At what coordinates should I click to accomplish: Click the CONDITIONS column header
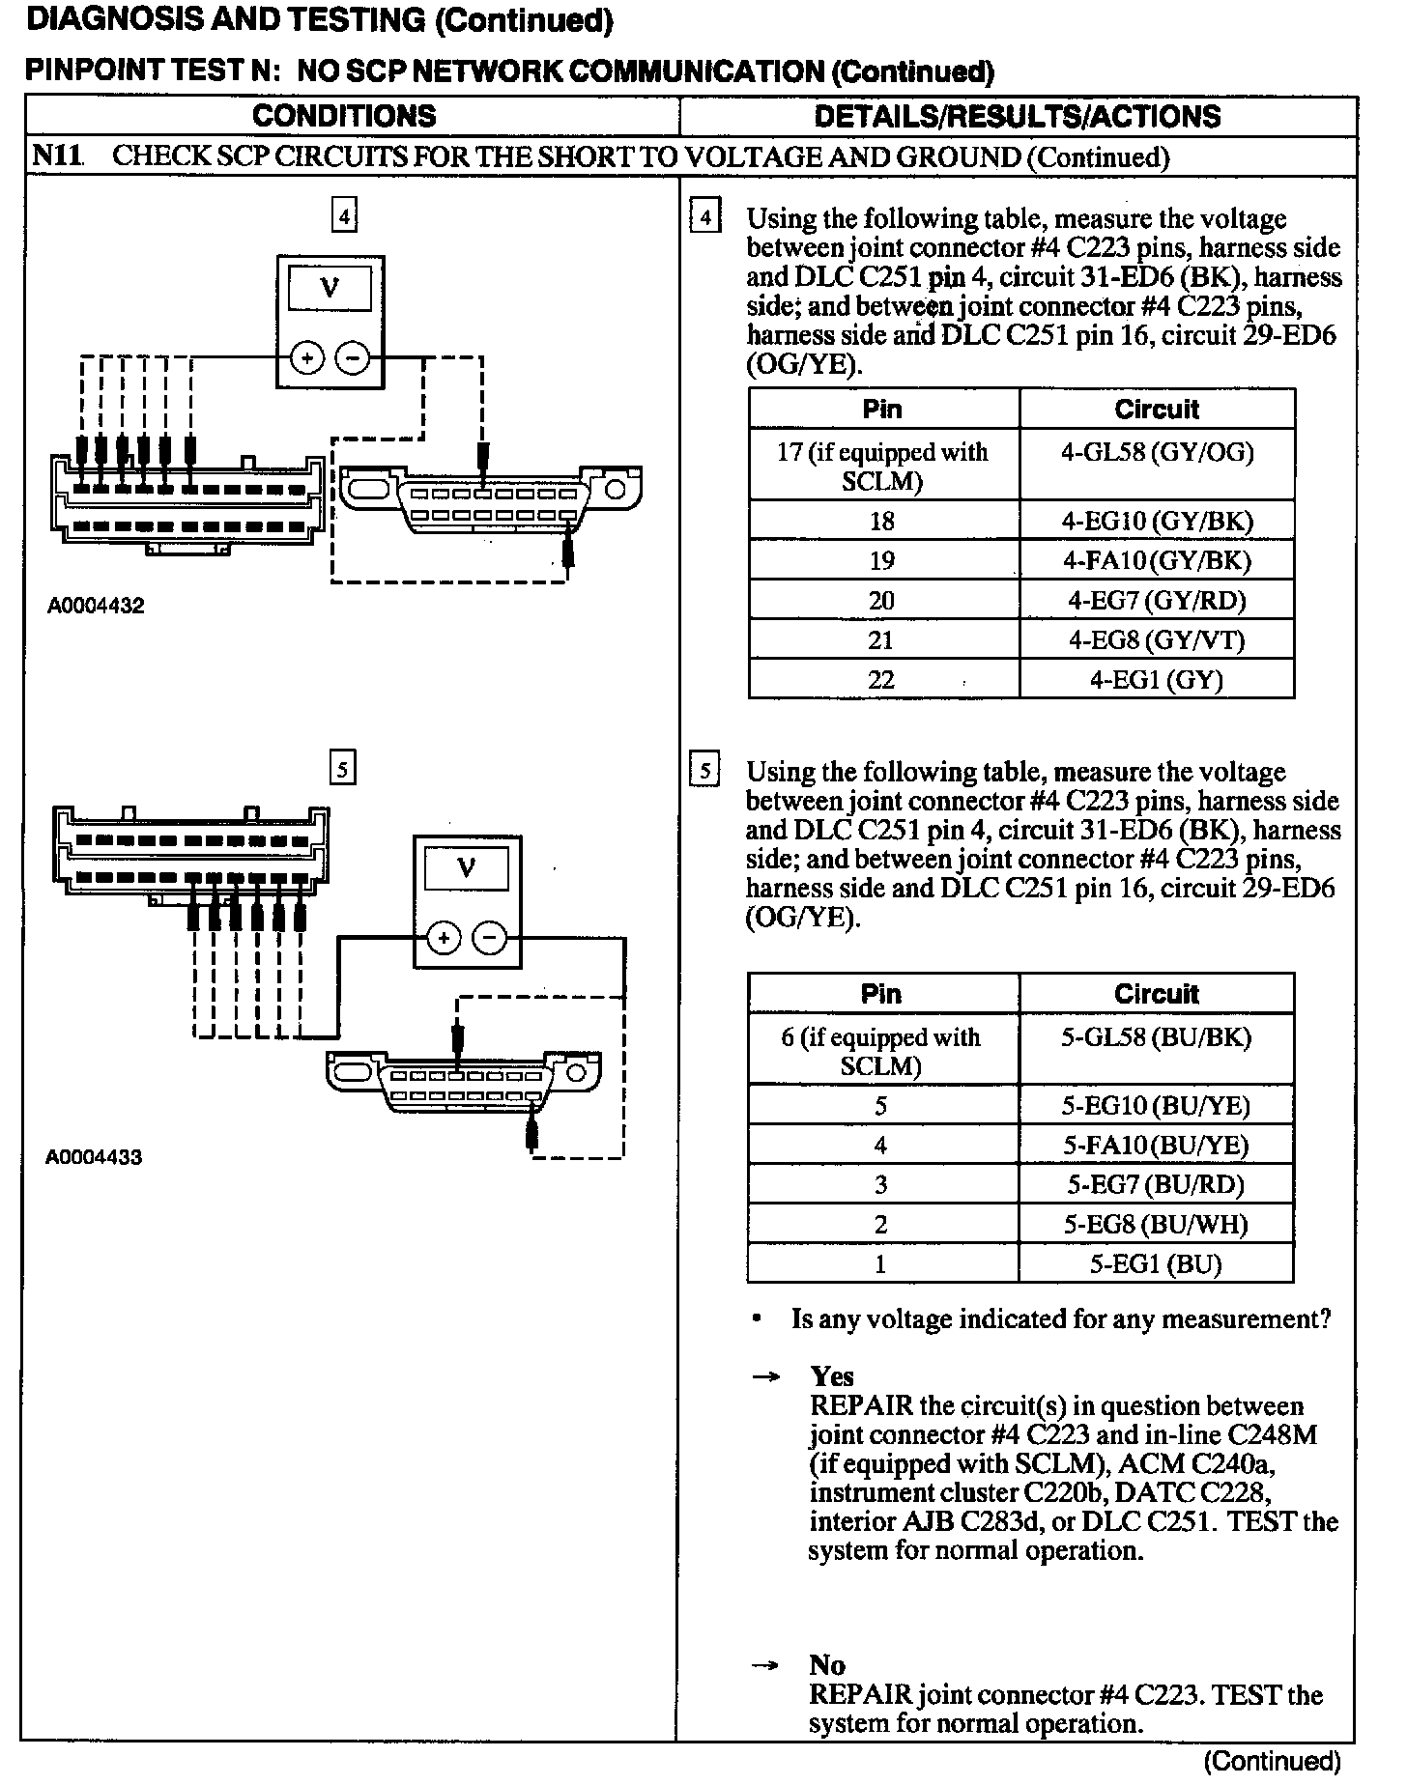[344, 116]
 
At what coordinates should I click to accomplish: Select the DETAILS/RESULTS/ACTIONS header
[1017, 116]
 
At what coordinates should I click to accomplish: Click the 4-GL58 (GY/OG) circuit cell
[1157, 453]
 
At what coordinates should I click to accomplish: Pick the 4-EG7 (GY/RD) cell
[1157, 600]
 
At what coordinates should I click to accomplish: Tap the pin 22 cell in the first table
[881, 680]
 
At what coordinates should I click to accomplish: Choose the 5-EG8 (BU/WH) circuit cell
[1156, 1225]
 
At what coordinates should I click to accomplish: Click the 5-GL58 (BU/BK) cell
[1156, 1038]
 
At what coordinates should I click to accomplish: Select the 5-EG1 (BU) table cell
[1156, 1264]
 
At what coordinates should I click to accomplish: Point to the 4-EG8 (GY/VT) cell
[1157, 639]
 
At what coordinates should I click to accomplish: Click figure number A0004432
[96, 607]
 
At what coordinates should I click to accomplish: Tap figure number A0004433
[94, 1157]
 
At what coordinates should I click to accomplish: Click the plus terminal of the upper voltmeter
[307, 359]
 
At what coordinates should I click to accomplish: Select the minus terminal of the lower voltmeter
[489, 938]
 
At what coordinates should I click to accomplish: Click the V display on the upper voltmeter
[330, 288]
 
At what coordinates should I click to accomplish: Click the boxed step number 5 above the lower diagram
[343, 769]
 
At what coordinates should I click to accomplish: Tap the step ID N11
[55, 156]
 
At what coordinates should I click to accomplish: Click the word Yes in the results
[831, 1375]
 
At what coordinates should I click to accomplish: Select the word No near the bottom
[827, 1664]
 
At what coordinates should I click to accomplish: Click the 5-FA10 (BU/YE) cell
[1156, 1146]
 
